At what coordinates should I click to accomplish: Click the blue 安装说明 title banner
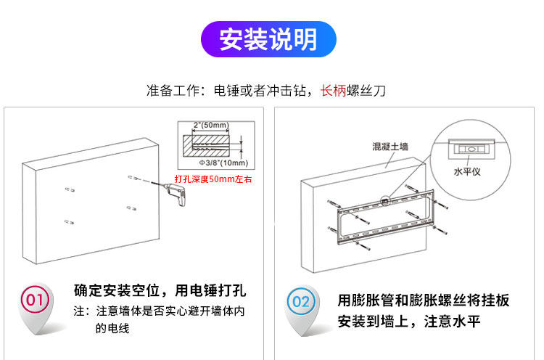tap(268, 39)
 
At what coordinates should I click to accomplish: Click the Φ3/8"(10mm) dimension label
tap(218, 162)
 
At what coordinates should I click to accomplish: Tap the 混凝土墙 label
tap(390, 147)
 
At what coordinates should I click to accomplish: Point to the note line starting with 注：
tap(160, 311)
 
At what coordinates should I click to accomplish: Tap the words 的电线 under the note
tap(112, 328)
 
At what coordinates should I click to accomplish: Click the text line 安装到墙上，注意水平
tap(410, 322)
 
